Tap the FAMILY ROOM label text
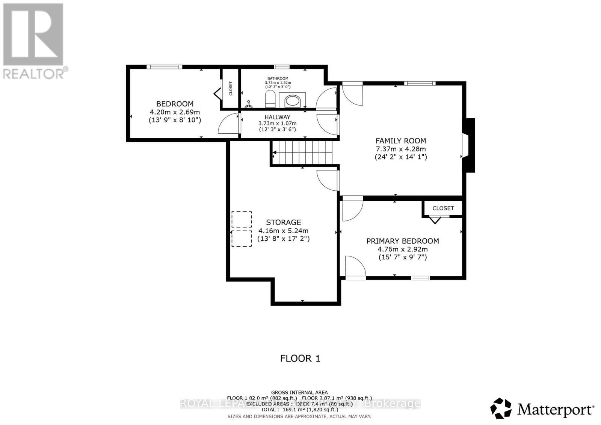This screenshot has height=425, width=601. (x=401, y=141)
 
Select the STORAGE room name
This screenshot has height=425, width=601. (x=284, y=222)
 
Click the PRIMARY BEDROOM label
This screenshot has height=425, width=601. (x=403, y=241)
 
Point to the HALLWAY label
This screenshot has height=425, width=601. (x=277, y=117)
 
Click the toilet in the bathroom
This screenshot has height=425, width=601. (x=270, y=99)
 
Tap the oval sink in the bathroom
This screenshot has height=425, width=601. (x=293, y=101)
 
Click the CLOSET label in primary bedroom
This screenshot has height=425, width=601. (x=443, y=208)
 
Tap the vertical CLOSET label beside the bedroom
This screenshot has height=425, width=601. (x=231, y=89)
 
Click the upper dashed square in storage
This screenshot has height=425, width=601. (x=242, y=219)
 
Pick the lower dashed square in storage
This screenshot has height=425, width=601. (x=242, y=238)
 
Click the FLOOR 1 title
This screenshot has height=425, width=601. (x=300, y=358)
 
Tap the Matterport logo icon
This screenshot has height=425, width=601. (x=501, y=408)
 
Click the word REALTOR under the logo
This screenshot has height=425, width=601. (x=34, y=73)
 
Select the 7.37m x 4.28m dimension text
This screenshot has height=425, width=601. (x=401, y=149)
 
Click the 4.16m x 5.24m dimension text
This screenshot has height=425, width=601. (x=283, y=231)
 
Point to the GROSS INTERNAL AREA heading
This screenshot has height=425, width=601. (x=299, y=392)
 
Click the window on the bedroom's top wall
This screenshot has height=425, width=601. (x=164, y=67)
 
